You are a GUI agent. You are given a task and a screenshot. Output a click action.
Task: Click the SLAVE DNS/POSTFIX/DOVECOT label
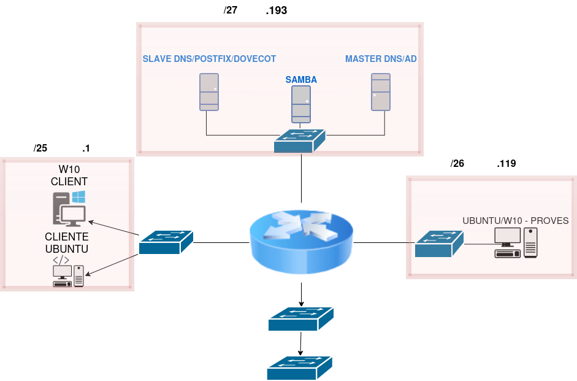209,59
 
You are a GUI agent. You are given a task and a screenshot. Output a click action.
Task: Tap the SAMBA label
301,80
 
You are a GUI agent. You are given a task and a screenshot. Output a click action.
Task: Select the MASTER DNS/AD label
381,59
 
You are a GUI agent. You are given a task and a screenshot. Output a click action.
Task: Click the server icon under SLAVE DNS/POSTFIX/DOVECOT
209,92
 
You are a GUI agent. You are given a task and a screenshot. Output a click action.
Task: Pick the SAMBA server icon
301,104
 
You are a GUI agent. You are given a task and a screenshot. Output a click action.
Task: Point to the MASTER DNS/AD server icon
381,92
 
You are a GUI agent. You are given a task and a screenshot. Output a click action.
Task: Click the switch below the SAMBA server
300,141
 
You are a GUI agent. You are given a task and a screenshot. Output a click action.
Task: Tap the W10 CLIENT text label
69,175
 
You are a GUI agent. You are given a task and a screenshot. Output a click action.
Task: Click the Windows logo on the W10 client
78,197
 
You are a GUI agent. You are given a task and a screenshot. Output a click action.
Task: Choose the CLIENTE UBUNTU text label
67,242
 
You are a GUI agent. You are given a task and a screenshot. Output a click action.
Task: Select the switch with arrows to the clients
166,242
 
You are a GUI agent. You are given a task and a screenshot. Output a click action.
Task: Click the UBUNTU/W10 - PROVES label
516,221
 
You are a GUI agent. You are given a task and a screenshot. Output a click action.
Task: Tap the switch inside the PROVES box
438,244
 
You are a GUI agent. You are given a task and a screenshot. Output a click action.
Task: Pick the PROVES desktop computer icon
516,242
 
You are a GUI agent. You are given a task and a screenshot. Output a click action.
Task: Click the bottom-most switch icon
299,368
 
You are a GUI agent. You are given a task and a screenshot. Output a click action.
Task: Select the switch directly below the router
300,319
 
